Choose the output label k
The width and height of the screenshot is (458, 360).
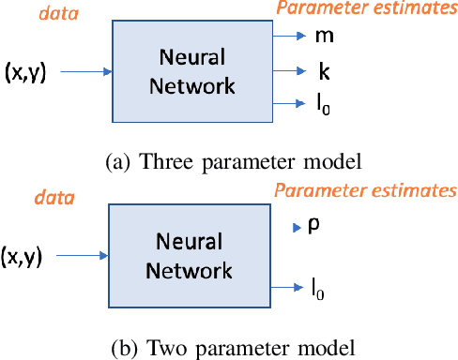pos(324,70)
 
